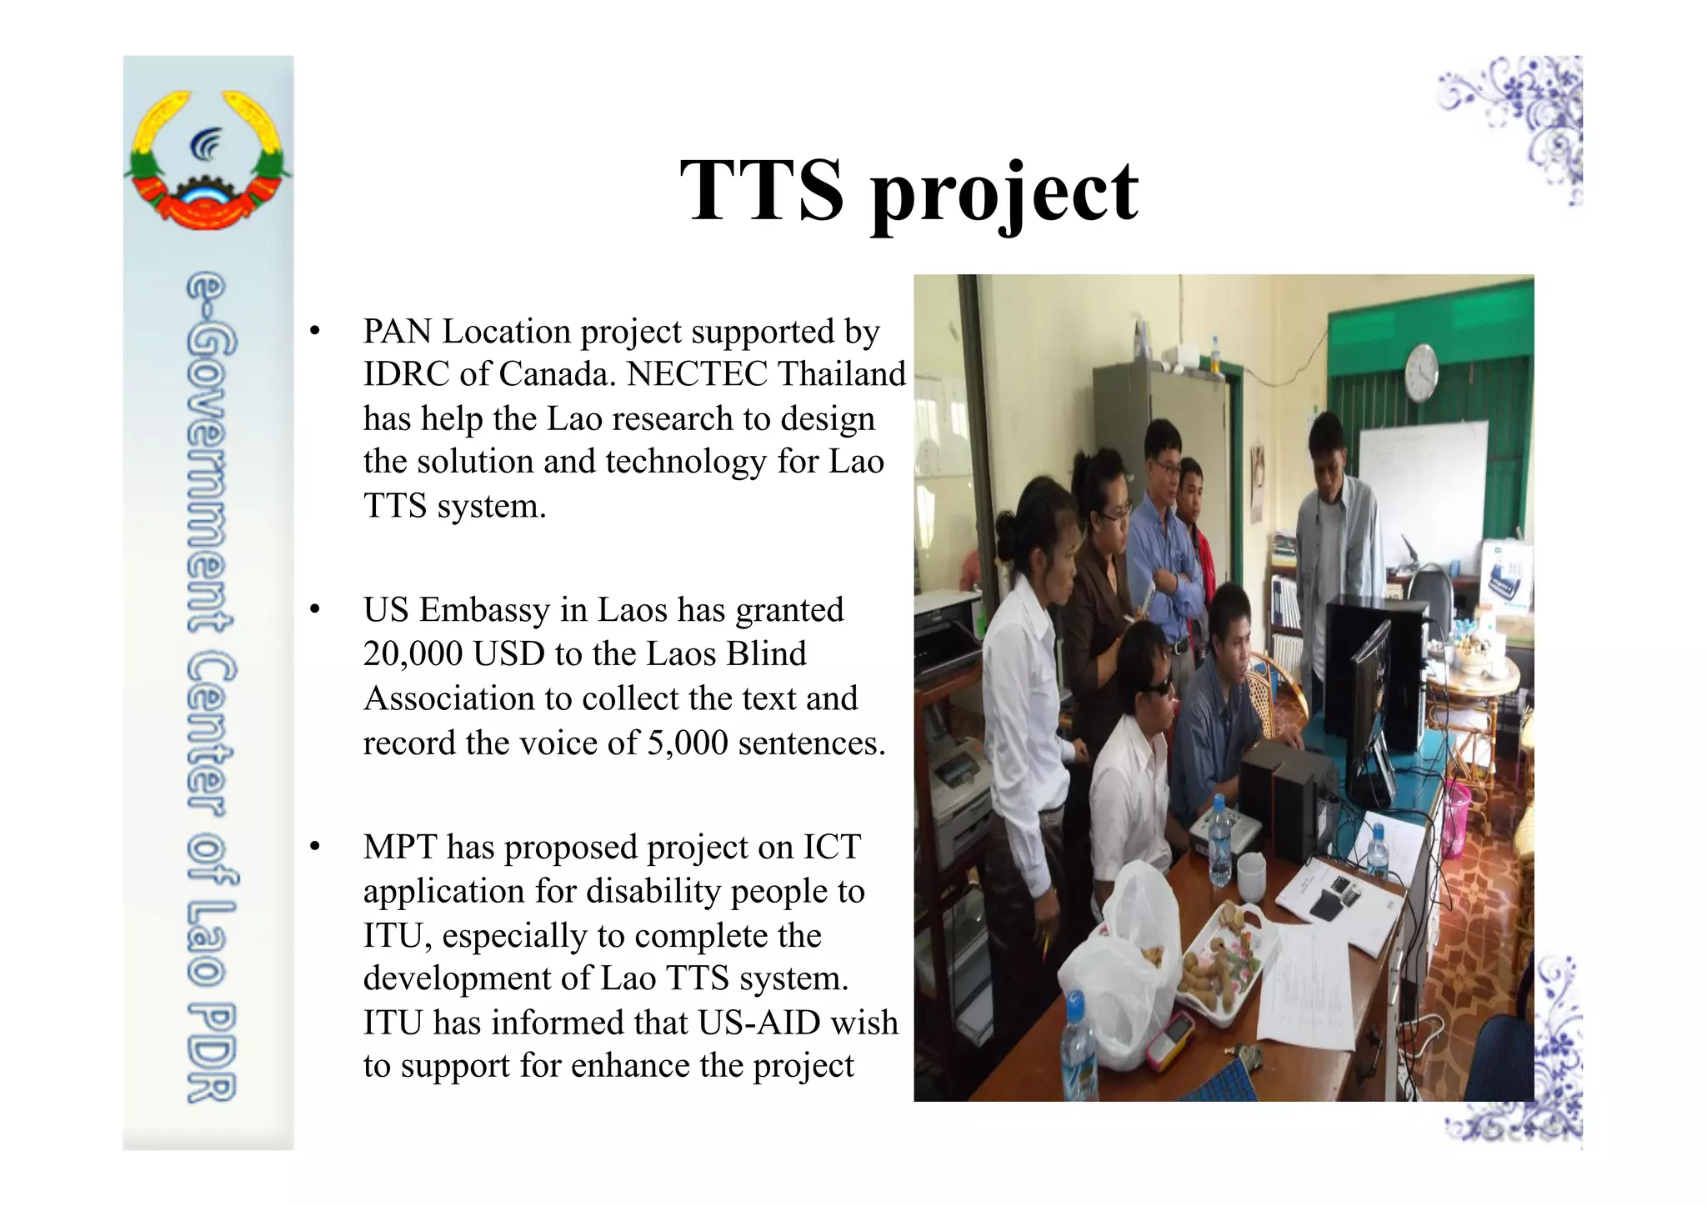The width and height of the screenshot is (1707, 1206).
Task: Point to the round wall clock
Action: coord(1421,372)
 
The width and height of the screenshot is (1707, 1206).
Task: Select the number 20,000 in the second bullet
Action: coord(413,654)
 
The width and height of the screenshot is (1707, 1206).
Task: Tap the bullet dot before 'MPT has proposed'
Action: coord(314,848)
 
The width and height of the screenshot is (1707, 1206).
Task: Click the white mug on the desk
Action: coord(1252,873)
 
